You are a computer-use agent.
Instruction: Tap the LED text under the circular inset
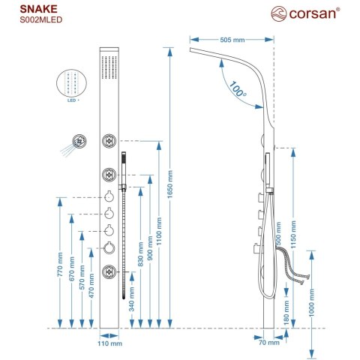coord(72,98)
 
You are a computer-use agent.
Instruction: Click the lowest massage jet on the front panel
coord(109,271)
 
